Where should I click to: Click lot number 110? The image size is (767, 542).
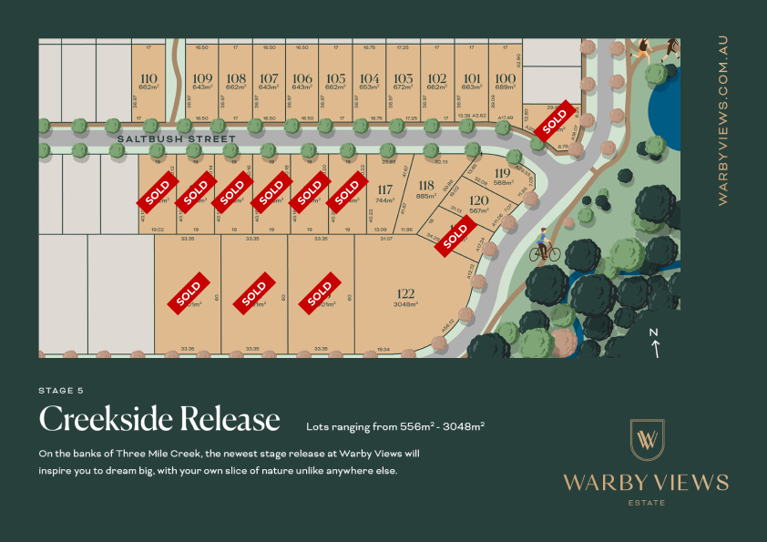tap(148, 77)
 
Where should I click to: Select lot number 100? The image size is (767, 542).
tap(505, 78)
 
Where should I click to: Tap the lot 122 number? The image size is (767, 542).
tap(405, 293)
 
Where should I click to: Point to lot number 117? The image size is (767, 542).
tap(384, 189)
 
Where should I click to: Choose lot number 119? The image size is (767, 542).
tap(502, 173)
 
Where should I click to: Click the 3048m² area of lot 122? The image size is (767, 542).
tap(405, 304)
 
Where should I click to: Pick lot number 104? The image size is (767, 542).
tap(369, 78)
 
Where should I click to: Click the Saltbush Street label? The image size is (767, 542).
tap(177, 139)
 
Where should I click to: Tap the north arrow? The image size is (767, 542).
tap(654, 343)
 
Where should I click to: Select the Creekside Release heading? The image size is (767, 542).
tap(159, 418)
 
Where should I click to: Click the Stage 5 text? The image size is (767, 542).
tap(61, 390)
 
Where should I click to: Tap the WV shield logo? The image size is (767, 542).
tap(647, 440)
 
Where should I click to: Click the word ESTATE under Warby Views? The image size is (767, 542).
tap(646, 502)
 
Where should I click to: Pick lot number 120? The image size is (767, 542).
tap(479, 200)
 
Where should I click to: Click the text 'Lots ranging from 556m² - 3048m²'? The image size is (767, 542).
tap(395, 425)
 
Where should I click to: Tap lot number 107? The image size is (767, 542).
tap(269, 78)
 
